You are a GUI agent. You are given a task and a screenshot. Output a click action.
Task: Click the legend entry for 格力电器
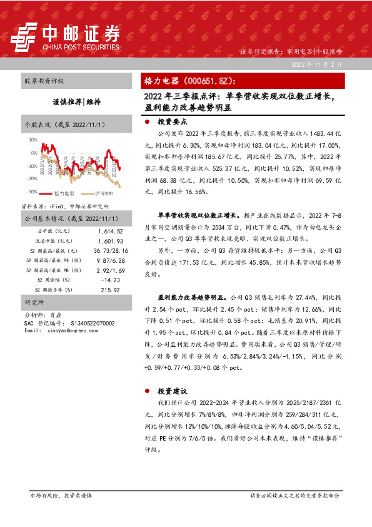coord(64,193)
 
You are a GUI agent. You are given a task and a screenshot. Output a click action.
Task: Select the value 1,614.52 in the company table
coord(110,231)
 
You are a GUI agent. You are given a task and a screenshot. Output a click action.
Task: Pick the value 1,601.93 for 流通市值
coord(110,241)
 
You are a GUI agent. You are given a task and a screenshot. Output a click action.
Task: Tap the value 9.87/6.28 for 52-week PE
coord(110,260)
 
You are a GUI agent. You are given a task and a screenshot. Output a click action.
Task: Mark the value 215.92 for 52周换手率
coord(110,290)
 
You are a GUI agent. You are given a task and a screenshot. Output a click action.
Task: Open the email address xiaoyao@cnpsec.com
coord(71,330)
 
